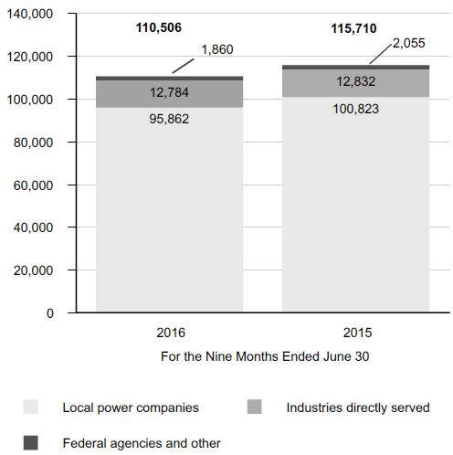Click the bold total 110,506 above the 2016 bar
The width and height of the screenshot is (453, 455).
159,27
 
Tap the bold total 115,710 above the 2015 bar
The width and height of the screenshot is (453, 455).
353,28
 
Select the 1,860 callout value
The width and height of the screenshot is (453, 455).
217,49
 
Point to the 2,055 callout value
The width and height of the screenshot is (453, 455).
408,43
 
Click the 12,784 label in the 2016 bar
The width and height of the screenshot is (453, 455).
169,92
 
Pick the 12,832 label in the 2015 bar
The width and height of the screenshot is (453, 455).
356,81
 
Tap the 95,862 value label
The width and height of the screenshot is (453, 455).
169,119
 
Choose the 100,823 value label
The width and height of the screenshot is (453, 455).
356,109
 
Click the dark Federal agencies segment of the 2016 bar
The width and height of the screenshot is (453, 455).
170,79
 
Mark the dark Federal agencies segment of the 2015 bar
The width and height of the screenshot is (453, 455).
356,68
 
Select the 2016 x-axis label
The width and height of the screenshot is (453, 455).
171,333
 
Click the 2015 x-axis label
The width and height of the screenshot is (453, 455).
357,333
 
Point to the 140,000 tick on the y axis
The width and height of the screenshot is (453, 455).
30,14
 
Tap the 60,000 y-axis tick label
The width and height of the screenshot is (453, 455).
33,185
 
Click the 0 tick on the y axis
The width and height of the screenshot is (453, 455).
50,313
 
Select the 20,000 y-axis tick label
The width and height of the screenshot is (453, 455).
33,270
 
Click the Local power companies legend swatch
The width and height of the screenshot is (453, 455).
31,407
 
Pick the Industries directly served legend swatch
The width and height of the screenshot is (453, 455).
255,407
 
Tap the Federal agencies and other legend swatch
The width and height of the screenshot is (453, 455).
31,442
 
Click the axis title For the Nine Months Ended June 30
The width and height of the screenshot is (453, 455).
265,356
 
